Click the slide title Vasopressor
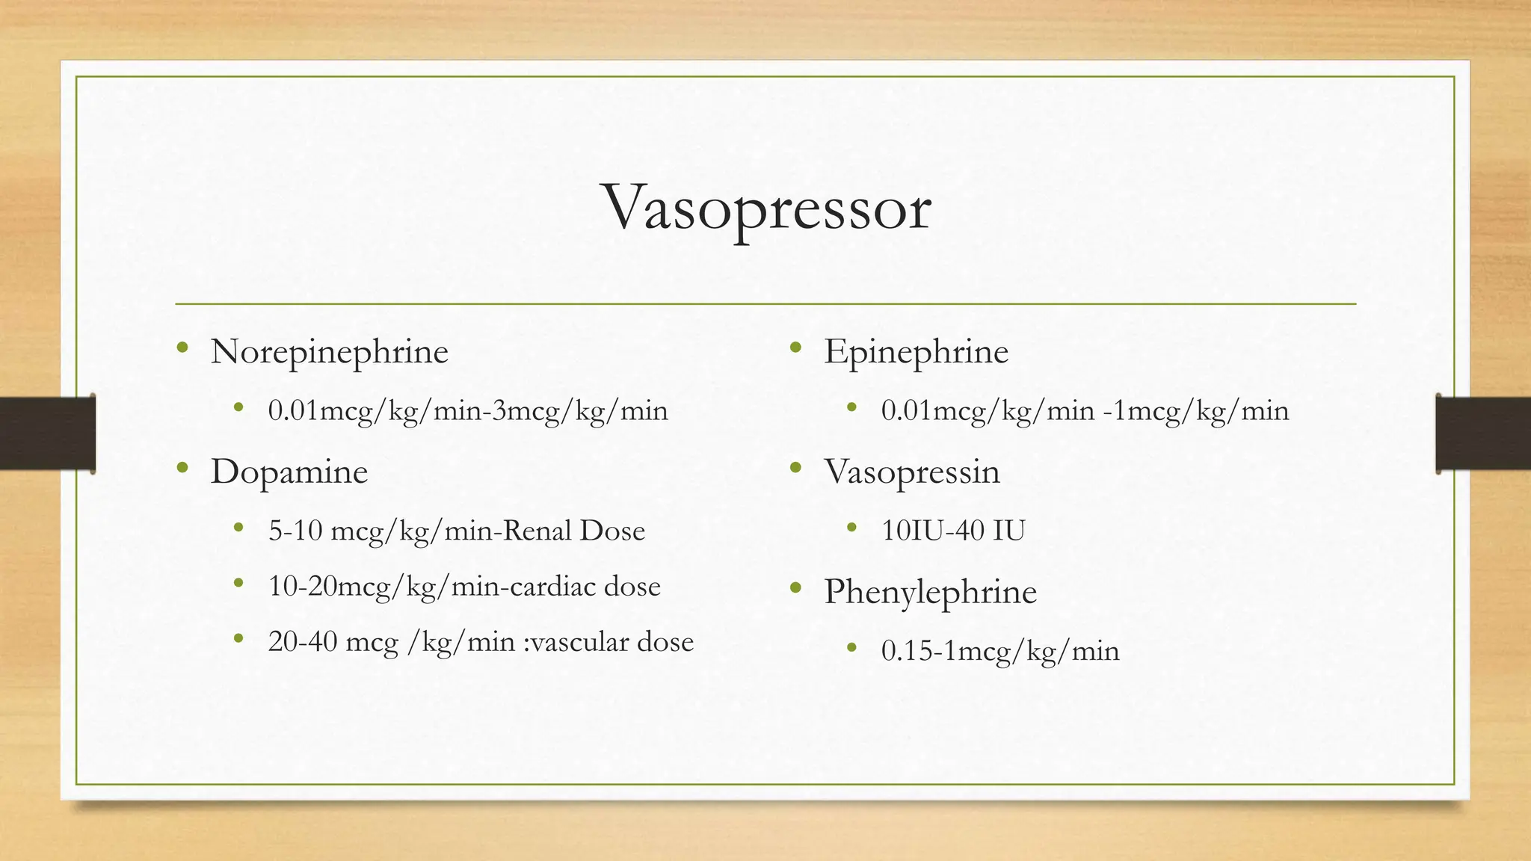pos(767,208)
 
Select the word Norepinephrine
pos(329,351)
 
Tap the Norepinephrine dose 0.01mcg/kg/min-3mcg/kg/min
pos(468,410)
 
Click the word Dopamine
pos(289,472)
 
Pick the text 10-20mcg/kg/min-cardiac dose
pos(464,586)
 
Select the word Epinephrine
pos(916,351)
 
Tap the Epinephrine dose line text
pos(1085,410)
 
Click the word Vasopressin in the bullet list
pos(911,472)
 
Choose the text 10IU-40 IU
pos(953,531)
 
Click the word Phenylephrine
pos(930,592)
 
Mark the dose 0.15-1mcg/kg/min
pos(1000,650)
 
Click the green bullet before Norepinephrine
pos(182,347)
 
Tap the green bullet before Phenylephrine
pos(795,588)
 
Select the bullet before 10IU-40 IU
pos(851,528)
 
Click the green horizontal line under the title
pos(765,304)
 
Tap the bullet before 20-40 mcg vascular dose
pos(238,638)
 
